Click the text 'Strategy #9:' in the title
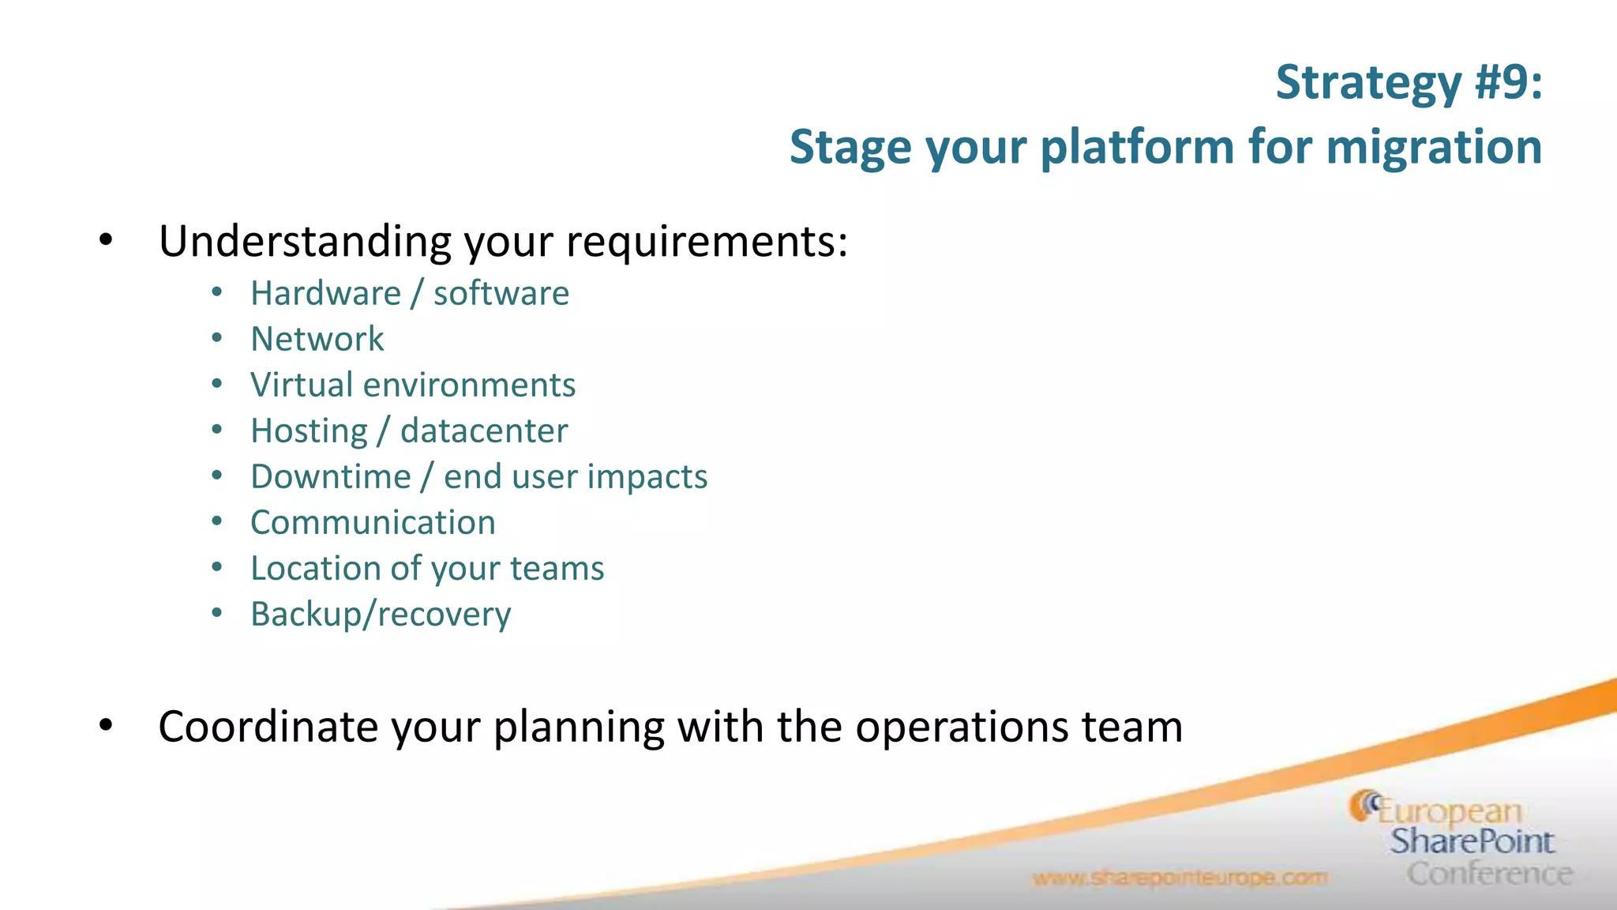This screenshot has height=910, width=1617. pos(1409,83)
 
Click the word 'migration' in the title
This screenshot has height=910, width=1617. pos(1433,148)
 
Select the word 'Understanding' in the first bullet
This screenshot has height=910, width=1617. pos(304,241)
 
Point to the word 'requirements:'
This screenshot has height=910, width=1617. pos(707,241)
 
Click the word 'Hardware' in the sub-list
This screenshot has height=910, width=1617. pos(326,294)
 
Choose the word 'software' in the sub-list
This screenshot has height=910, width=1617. pos(501,294)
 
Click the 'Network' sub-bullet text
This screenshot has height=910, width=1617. pos(317,340)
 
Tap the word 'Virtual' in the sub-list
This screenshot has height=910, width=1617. pos(301,385)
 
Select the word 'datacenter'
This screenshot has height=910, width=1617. pos(484,431)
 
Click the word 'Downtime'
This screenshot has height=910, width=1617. pos(331,477)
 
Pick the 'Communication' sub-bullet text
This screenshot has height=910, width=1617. pos(373,523)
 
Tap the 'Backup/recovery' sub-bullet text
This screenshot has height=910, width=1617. pos(381,615)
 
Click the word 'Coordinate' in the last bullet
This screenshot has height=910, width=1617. pos(268,727)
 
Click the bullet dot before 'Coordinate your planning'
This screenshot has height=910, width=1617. pos(106,725)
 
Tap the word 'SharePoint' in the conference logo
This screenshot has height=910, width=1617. pos(1471,841)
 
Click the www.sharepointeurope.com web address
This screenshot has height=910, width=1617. pos(1180,878)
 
